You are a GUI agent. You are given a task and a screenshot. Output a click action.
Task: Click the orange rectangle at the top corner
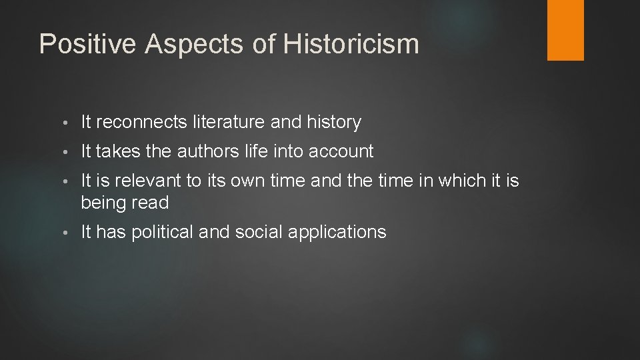point(565,29)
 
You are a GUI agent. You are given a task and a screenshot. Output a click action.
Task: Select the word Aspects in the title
point(181,44)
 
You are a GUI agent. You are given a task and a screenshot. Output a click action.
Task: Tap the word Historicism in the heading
point(351,44)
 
